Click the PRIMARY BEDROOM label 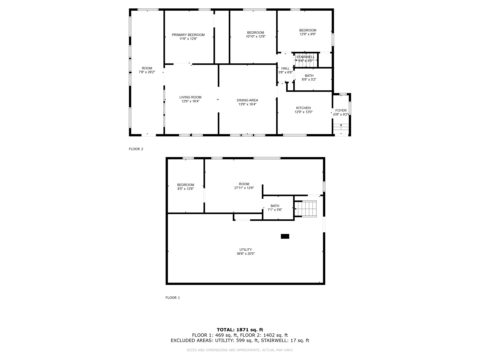[x=188, y=35]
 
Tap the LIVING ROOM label [x=190, y=97]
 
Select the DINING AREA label [x=247, y=100]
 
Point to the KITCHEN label [x=303, y=108]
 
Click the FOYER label [x=341, y=111]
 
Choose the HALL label [x=285, y=68]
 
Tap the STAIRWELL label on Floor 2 [x=305, y=57]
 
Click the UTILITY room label [x=245, y=250]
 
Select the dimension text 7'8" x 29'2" [x=147, y=72]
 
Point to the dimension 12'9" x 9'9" [x=307, y=34]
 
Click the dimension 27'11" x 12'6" [x=244, y=188]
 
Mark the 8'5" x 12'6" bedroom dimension [x=185, y=189]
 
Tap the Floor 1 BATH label [x=275, y=206]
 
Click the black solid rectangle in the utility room [x=285, y=236]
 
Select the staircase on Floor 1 [x=305, y=209]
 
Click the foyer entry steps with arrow [x=341, y=129]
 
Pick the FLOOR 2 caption [x=136, y=149]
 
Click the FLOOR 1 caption [x=173, y=298]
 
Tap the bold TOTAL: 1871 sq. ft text [x=240, y=330]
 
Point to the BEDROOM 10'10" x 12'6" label [x=255, y=35]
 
